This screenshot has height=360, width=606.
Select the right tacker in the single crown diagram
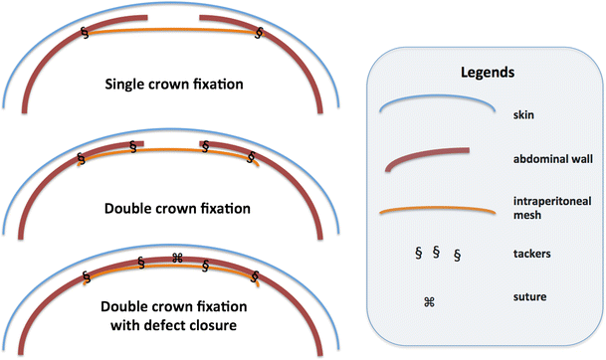(260, 32)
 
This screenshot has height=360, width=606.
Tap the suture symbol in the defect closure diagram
(177, 259)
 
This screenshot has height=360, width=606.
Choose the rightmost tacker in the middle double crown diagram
(251, 157)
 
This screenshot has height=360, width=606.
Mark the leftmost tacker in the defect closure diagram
(87, 275)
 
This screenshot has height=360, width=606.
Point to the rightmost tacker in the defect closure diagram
(256, 275)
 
